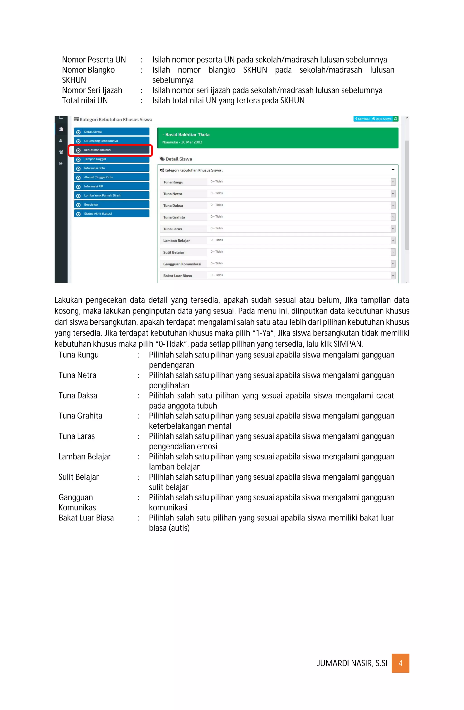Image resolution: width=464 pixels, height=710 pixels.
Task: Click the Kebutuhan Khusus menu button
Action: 111,150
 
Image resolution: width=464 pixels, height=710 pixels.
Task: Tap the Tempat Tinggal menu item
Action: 111,159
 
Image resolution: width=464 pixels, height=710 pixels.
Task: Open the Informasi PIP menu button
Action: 111,186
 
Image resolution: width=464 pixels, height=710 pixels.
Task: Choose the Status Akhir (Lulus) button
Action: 111,214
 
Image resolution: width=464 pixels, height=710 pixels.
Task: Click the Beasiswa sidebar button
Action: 111,205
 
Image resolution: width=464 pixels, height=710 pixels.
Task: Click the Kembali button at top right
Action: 362,119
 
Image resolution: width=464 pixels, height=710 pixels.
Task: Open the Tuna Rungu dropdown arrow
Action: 393,182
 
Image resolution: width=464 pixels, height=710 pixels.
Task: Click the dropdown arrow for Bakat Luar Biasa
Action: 393,275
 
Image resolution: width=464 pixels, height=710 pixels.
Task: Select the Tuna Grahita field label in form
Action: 174,217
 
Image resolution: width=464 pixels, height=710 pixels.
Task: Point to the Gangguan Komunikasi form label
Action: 182,264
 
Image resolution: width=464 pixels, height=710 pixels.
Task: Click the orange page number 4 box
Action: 400,663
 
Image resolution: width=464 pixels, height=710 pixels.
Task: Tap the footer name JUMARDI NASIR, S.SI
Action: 352,663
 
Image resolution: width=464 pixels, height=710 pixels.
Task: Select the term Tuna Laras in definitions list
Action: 77,436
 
